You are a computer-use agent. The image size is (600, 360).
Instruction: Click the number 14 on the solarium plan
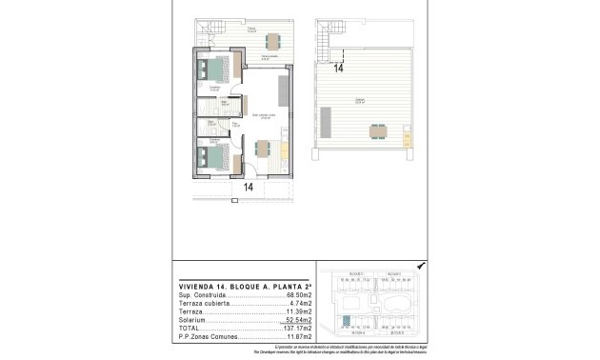coord(339,68)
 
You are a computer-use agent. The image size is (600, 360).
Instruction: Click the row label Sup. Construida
coord(200,295)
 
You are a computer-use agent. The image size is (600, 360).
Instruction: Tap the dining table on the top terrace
coord(273,41)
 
